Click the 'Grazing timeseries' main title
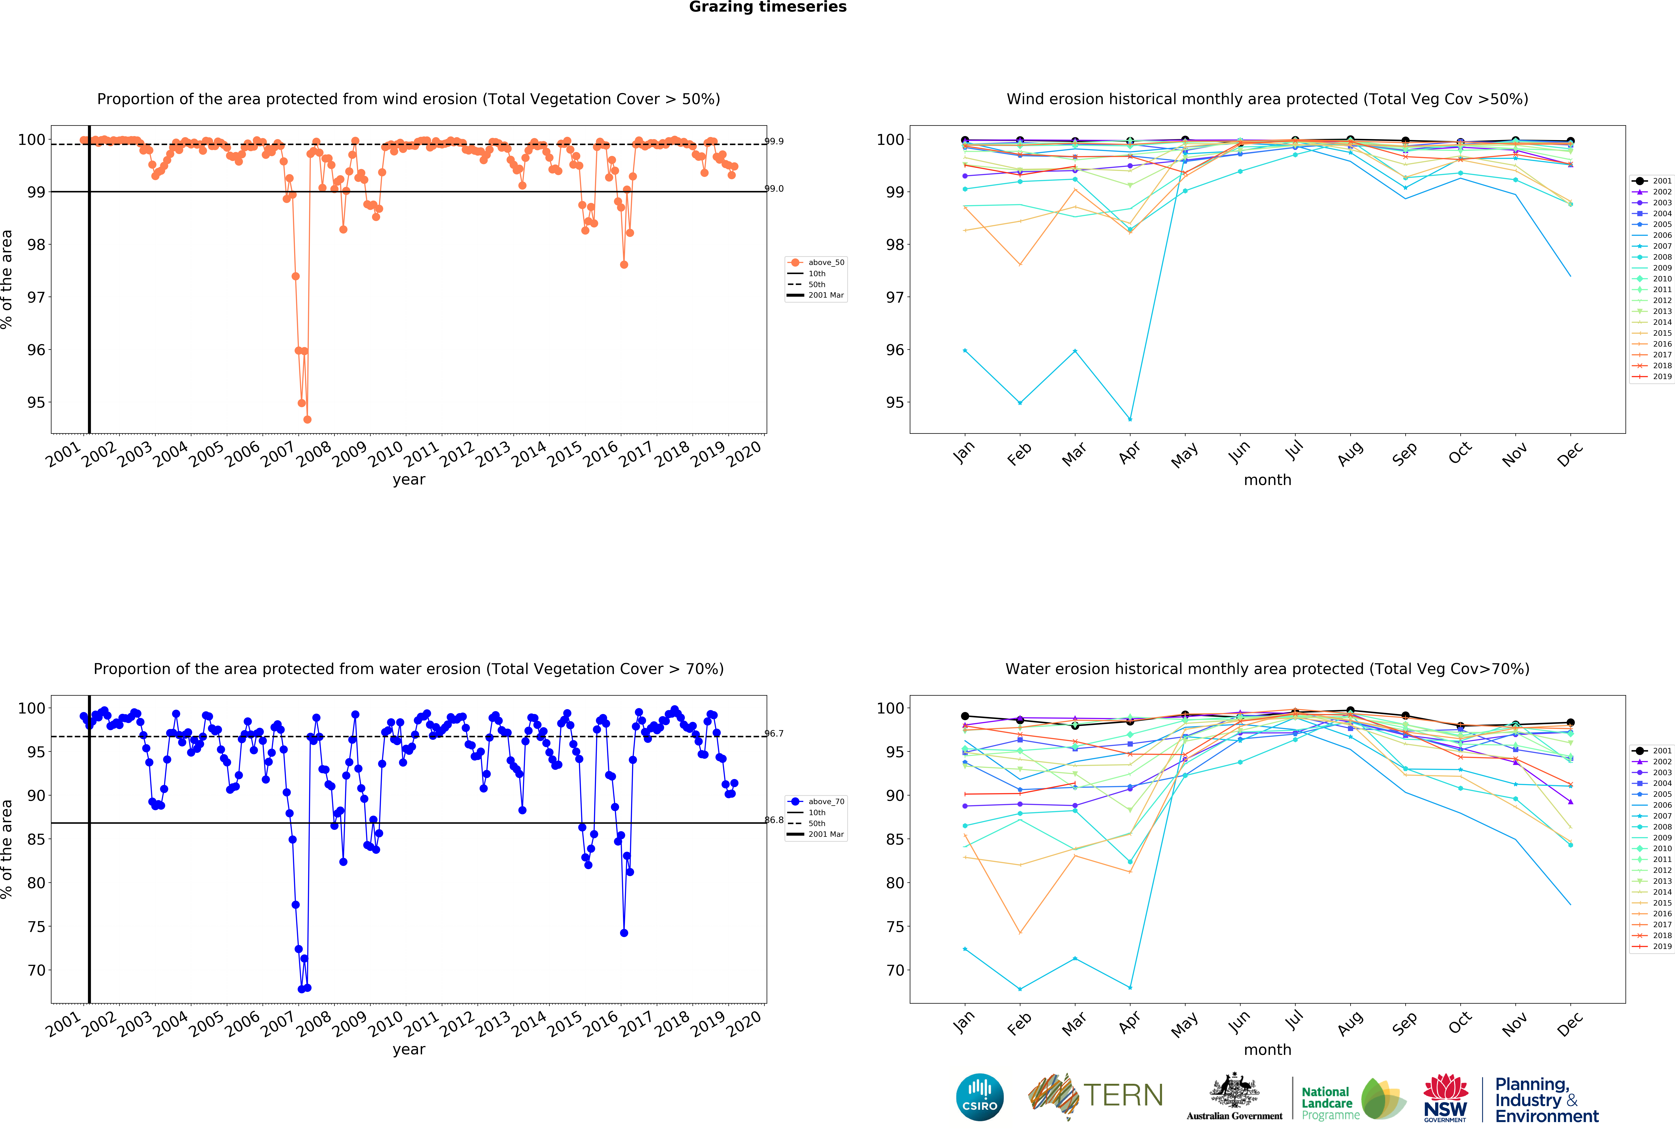768,7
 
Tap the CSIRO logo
979,1097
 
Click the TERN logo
1095,1096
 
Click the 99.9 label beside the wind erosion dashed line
774,141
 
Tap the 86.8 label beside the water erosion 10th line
774,820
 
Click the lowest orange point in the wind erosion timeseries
307,419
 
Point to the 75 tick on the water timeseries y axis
36,926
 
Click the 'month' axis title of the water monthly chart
1267,1050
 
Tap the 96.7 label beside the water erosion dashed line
774,733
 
